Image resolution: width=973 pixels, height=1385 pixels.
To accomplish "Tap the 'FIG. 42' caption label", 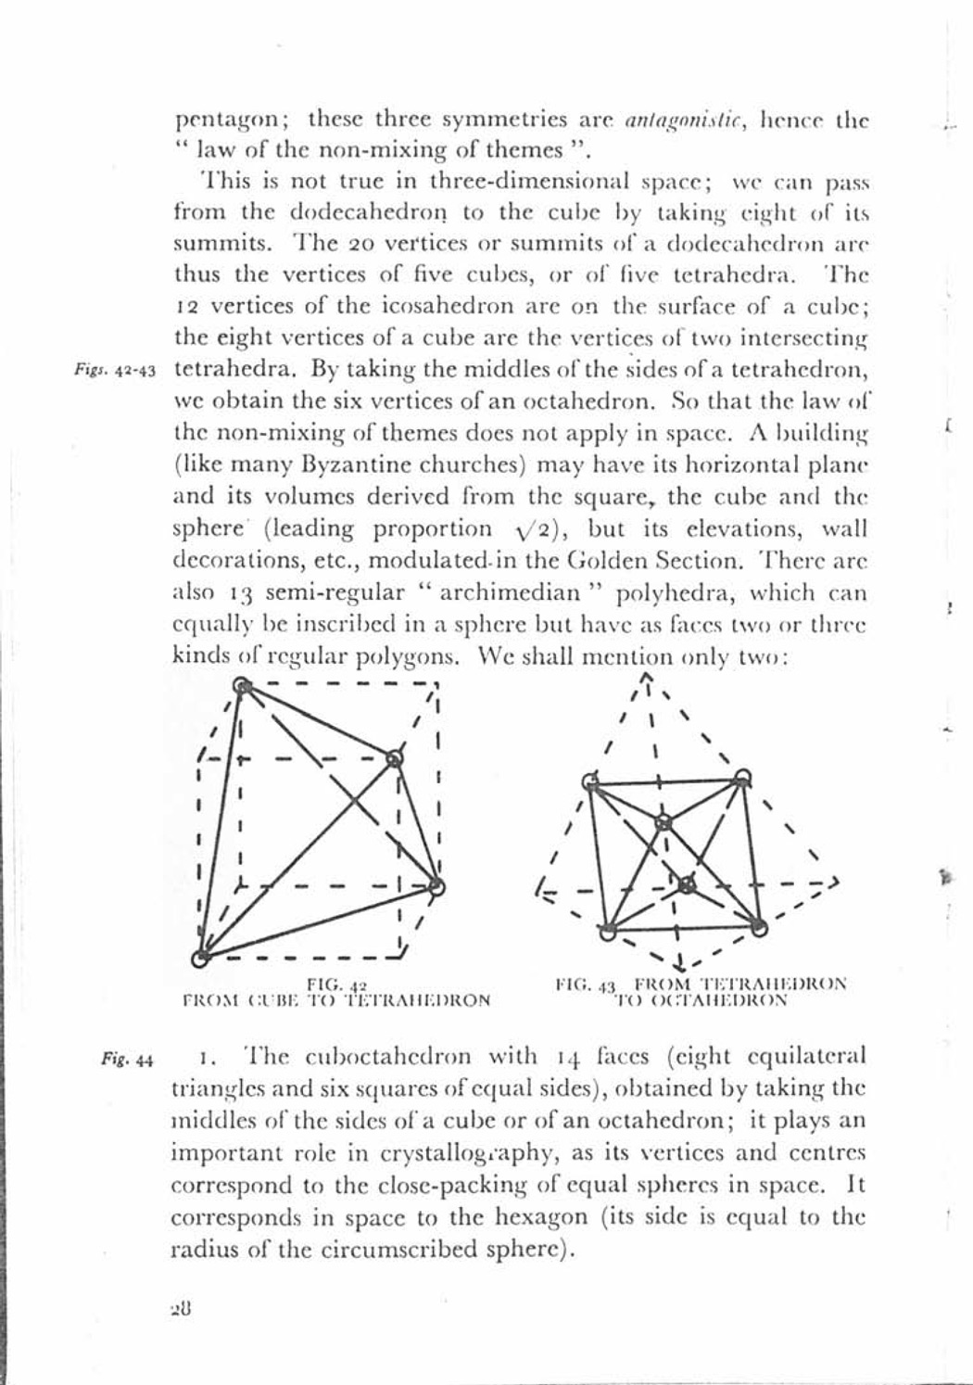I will click(337, 985).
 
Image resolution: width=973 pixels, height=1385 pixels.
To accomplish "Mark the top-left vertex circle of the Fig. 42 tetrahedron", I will click(242, 686).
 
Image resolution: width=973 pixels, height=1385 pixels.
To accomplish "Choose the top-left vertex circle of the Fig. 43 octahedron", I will click(589, 780).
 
